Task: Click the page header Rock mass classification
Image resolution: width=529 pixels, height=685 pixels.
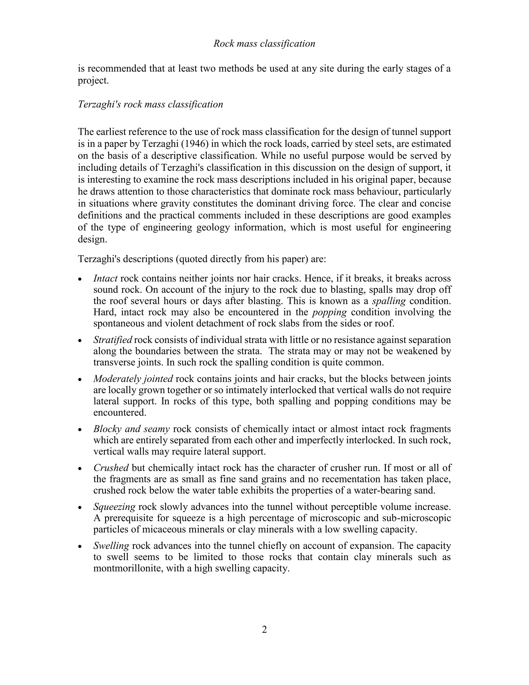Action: click(x=264, y=44)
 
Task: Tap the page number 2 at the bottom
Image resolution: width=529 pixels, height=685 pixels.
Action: click(x=264, y=629)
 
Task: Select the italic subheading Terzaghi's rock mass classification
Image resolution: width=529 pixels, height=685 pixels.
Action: click(x=150, y=104)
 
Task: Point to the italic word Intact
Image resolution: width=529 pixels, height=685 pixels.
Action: click(x=105, y=278)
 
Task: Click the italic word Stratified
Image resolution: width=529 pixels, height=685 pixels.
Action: click(x=113, y=340)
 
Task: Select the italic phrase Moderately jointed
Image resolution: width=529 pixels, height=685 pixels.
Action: click(x=133, y=379)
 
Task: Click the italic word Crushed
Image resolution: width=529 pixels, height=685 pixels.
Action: click(x=111, y=468)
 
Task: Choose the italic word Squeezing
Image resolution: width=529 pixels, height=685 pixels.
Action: click(x=114, y=507)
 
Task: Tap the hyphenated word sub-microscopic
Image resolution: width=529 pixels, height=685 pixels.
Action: click(x=417, y=518)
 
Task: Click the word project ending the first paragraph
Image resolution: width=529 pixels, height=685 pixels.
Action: click(x=93, y=81)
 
